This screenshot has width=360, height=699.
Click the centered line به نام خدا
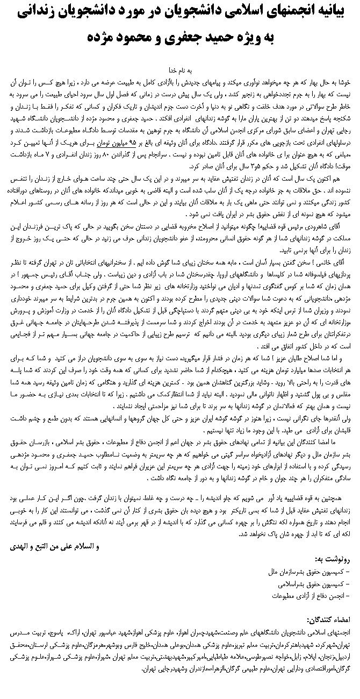pos(181,70)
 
